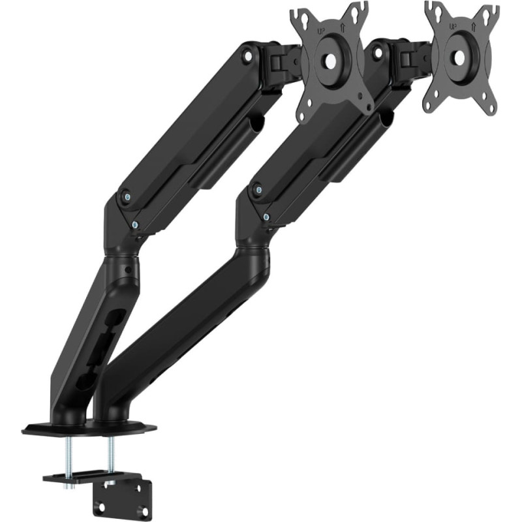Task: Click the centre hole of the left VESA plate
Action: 331,61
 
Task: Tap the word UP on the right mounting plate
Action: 453,26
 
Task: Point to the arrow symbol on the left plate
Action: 343,27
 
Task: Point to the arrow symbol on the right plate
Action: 474,25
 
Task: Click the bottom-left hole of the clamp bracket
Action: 102,508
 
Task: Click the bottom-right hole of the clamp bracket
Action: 143,510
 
